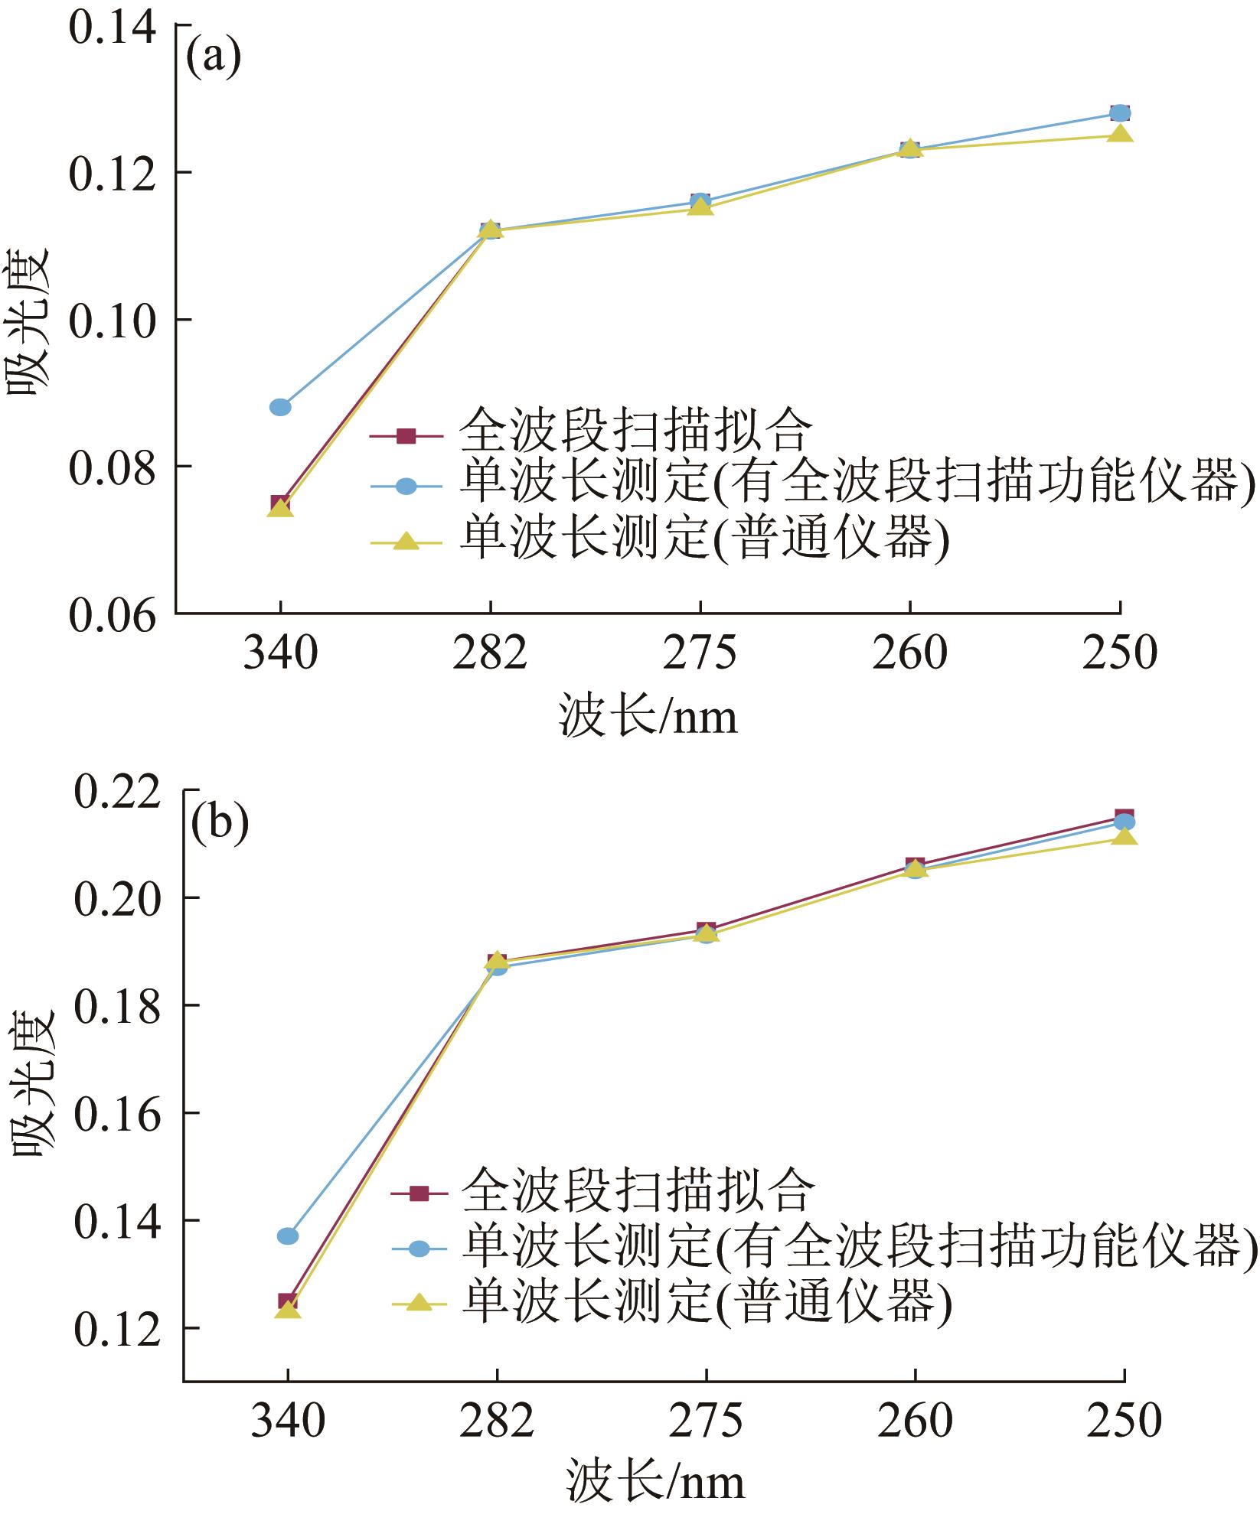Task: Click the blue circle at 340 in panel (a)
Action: coord(280,406)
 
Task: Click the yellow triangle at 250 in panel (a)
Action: coord(1120,135)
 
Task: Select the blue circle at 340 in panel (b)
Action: coord(287,1236)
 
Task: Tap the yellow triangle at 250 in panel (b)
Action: coord(1124,836)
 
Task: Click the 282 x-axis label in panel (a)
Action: coord(490,655)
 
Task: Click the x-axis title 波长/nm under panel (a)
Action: coord(649,716)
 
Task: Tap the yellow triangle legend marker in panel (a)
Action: coord(406,542)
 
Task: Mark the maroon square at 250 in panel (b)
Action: coord(1124,817)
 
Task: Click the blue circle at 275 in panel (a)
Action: coord(700,201)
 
